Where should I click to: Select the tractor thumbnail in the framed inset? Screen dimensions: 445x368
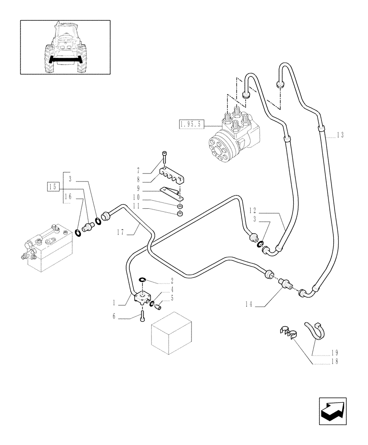tap(65, 47)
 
